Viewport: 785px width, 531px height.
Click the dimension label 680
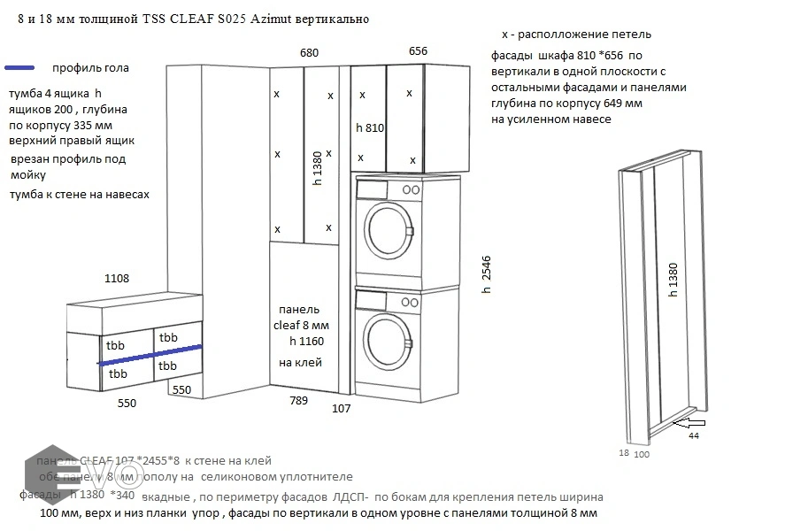click(x=309, y=53)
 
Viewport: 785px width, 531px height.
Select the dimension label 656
click(x=418, y=51)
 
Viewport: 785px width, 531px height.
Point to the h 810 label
click(x=370, y=127)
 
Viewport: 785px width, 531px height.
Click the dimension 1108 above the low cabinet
click(x=117, y=278)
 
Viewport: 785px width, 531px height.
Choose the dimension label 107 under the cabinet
click(x=342, y=408)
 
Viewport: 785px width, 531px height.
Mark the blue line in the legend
click(x=19, y=68)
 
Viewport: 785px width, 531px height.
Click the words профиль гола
click(x=90, y=68)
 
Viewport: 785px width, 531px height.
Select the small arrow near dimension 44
click(x=685, y=425)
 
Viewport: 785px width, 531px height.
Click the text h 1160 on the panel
click(x=305, y=342)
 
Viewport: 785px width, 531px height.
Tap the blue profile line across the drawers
click(x=150, y=354)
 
